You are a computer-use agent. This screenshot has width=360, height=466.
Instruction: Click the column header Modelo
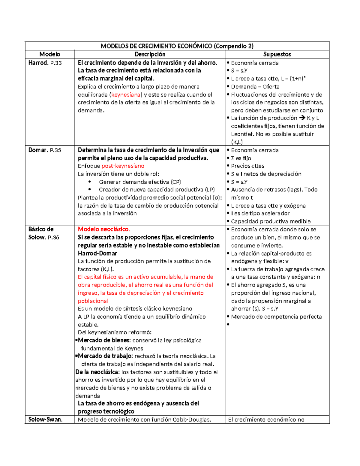coord(50,54)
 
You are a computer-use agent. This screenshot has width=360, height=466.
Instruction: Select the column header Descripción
coord(150,54)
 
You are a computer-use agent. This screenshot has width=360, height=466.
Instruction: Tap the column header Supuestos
coord(277,54)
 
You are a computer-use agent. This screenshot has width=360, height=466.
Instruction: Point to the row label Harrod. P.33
coord(45,63)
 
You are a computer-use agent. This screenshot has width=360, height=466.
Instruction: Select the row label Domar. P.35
coord(45,150)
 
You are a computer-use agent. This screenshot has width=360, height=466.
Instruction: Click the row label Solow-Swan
coord(45,419)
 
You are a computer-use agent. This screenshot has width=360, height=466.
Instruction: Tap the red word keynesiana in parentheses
coord(126,95)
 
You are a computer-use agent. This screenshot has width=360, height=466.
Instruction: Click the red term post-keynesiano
coord(123,166)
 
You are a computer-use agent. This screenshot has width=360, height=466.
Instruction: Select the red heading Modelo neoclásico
coord(104,229)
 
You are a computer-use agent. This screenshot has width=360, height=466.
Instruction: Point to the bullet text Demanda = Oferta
coord(255,87)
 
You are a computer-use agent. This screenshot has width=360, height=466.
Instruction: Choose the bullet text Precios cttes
coord(247,166)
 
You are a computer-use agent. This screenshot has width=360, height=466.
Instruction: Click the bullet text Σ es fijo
coord(241,158)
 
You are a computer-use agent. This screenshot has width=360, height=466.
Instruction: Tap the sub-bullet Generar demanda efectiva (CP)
coord(140,182)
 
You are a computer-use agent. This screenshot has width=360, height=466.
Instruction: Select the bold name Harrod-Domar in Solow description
coord(97,253)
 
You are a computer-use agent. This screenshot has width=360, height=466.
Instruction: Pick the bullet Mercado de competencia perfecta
coord(276,317)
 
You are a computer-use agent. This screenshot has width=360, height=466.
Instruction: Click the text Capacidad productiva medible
coord(271,221)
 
